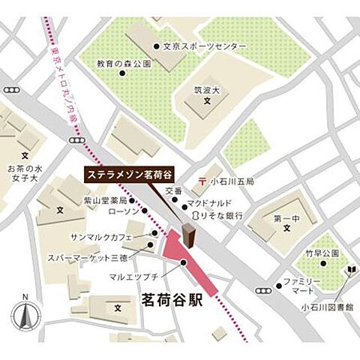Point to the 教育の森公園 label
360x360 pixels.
point(123,64)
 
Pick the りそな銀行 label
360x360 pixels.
point(221,215)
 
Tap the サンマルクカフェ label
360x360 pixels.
point(112,237)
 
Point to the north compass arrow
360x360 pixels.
point(25,313)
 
